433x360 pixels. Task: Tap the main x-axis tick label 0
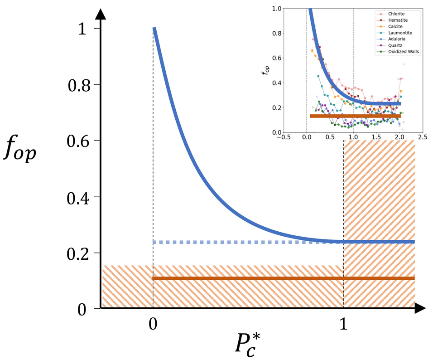pyautogui.click(x=153, y=325)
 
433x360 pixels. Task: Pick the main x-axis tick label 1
pyautogui.click(x=344, y=325)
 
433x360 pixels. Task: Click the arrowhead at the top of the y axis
pyautogui.click(x=101, y=14)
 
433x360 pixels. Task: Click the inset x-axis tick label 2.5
pyautogui.click(x=422, y=137)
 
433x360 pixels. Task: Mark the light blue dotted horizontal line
pyautogui.click(x=245, y=242)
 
